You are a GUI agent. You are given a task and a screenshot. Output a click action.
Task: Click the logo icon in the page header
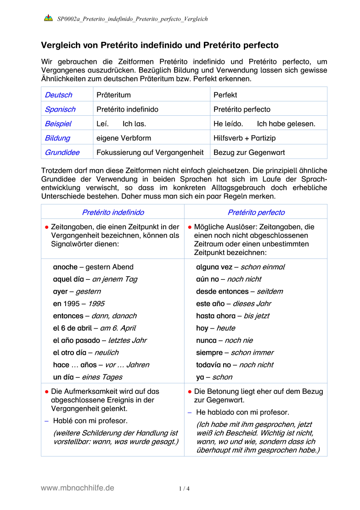[48, 19]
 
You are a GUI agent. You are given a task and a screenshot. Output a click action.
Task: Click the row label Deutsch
[58, 95]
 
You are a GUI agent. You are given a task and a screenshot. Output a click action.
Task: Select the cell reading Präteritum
[113, 95]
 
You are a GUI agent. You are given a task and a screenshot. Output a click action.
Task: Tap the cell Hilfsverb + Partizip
[244, 138]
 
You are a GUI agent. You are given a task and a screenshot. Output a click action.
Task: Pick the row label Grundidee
[62, 152]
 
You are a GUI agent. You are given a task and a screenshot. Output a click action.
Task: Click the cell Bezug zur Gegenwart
[249, 152]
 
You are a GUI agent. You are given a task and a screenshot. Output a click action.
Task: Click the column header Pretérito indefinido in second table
[113, 212]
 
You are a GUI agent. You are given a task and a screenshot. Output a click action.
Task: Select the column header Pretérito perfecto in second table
[256, 212]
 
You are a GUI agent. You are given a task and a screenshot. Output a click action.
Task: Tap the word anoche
[65, 267]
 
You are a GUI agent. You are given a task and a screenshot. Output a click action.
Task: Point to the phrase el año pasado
[76, 340]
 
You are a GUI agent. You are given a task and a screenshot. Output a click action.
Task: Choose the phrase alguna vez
[214, 267]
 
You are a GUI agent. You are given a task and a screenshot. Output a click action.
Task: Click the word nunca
[206, 340]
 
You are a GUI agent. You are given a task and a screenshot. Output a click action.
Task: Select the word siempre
[210, 352]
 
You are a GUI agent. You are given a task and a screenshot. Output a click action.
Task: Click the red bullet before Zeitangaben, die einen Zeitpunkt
[47, 227]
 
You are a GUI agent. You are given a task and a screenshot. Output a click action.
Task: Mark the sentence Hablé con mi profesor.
[90, 420]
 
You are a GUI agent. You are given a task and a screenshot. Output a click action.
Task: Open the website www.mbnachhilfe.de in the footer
[78, 488]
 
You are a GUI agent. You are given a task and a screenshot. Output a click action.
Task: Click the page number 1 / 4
[184, 489]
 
